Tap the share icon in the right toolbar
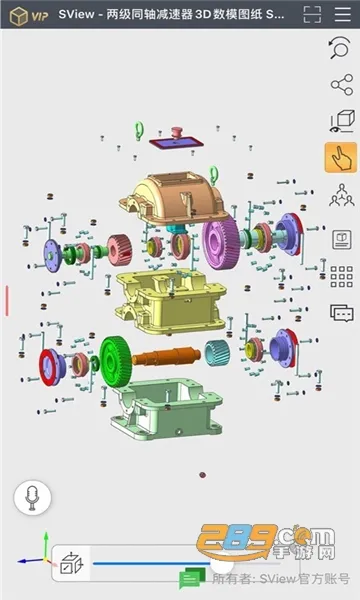340,87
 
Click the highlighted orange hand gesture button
340,158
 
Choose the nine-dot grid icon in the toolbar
340,276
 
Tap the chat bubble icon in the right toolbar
340,313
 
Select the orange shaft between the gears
169,356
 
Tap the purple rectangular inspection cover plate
179,144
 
